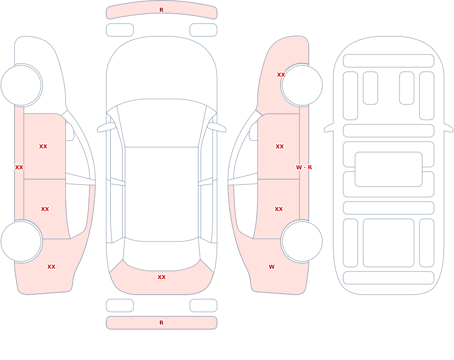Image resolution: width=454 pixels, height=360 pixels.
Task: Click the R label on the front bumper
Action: coord(161,10)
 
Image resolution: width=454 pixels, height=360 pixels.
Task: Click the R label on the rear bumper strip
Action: coord(161,323)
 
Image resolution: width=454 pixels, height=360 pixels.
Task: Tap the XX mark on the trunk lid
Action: coord(162,277)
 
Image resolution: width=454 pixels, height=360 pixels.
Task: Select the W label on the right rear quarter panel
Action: coord(271,267)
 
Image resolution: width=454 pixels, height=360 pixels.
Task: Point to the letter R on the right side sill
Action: coord(310,168)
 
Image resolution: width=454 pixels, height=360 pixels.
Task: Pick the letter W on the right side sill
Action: coord(299,168)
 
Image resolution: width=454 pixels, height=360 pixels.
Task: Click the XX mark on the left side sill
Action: coord(19,168)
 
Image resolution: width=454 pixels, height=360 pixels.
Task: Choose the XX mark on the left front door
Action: coord(43,147)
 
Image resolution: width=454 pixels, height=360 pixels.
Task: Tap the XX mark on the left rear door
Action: coord(45,209)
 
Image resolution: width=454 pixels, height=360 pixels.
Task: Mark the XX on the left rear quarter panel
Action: coord(51,267)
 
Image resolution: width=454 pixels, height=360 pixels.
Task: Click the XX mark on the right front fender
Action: coord(281,75)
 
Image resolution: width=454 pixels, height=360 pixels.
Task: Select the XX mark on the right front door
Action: coord(280,147)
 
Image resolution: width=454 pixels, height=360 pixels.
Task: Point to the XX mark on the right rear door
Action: coord(279,209)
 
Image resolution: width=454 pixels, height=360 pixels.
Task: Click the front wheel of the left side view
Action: coord(21,85)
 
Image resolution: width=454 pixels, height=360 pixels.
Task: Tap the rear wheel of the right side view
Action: coord(302,242)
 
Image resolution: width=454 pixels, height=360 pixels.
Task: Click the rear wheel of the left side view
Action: coord(21,242)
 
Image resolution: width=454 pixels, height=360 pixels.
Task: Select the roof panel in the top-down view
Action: coord(162,194)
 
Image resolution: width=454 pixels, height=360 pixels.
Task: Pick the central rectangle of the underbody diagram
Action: coord(389,169)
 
